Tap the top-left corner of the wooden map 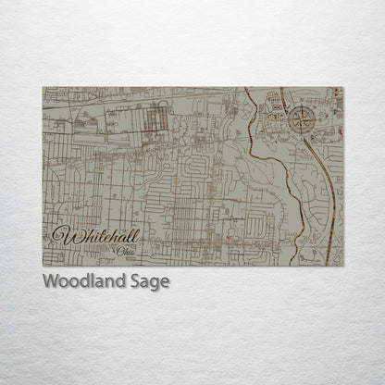[x=43, y=88]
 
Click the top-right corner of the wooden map [x=342, y=88]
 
